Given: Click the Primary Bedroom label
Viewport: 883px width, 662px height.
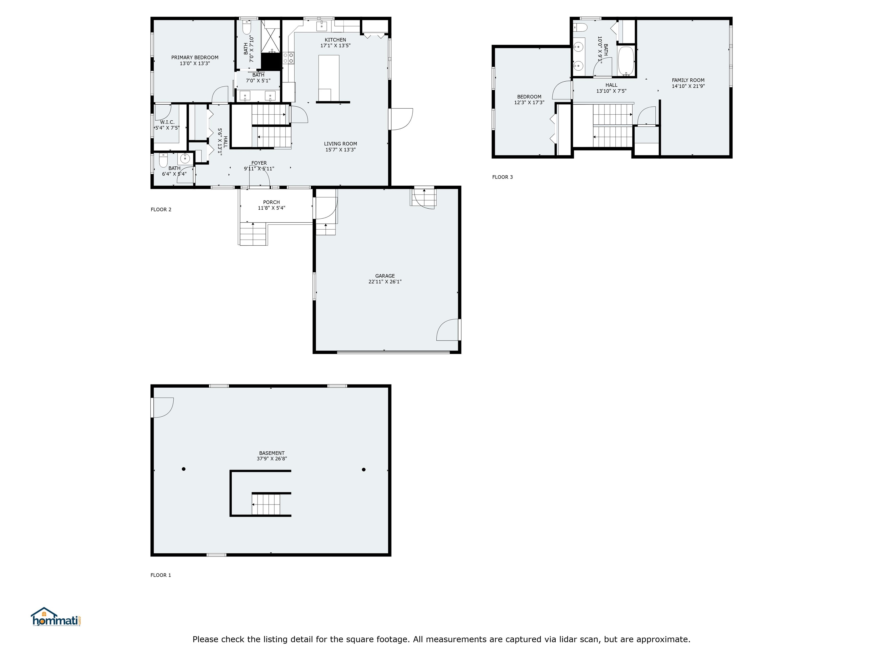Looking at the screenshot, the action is coord(195,57).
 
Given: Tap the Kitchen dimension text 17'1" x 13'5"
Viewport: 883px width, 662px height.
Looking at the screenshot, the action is coord(335,45).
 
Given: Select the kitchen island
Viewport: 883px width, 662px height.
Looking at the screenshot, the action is coord(329,78).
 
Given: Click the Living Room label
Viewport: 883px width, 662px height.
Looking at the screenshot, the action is coord(341,144).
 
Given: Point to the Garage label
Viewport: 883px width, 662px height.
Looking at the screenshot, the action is coord(385,276).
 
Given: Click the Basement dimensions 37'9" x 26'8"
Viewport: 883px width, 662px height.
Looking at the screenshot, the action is coord(272,459).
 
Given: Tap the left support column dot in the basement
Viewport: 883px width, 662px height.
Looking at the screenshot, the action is coord(184,469).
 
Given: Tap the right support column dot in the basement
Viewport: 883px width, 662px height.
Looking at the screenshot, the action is coord(364,470).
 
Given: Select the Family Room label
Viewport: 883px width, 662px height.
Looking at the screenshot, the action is coord(688,80).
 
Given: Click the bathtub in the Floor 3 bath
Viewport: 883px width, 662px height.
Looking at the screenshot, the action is coord(626,61).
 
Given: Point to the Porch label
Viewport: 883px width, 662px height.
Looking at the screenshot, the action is coord(271,202).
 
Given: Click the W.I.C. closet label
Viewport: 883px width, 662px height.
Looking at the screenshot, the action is coord(167,122).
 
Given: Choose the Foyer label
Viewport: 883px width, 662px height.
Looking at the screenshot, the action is coord(259,163).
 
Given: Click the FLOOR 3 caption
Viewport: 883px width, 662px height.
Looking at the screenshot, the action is coord(502,177).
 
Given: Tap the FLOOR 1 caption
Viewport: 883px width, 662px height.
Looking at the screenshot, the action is coord(161,575).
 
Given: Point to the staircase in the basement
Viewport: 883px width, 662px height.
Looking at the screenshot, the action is coord(266,504).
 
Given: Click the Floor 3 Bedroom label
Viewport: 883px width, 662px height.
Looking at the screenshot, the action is coord(529,97).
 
